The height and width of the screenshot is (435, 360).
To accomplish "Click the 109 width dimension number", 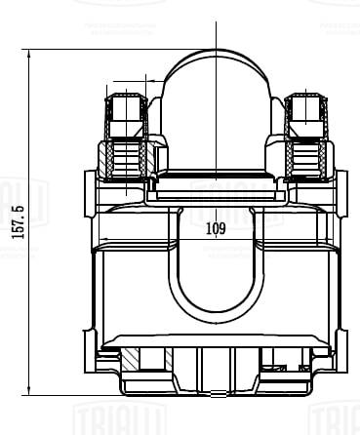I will [216, 229].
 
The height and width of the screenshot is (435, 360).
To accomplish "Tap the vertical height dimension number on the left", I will [16, 221].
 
